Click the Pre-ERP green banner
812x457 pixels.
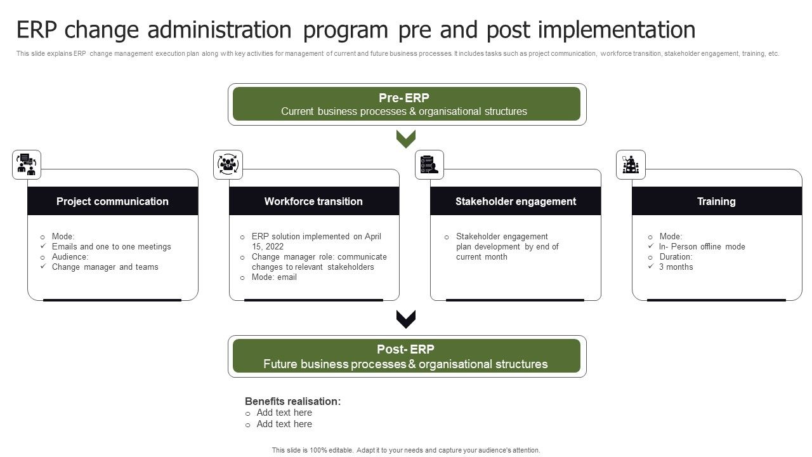(407, 104)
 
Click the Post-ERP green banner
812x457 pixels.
(407, 356)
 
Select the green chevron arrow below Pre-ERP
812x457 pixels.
(406, 138)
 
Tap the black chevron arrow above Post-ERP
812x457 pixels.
(406, 319)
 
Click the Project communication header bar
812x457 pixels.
(112, 201)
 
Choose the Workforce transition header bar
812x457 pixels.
(313, 201)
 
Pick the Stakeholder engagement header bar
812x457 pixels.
(515, 201)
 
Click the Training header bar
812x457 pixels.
(716, 201)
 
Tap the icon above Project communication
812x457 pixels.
(27, 164)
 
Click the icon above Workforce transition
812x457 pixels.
(228, 164)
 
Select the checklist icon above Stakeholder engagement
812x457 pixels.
(429, 164)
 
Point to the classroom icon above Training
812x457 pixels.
(631, 164)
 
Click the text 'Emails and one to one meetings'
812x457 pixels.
(111, 246)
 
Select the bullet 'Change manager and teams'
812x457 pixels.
(105, 267)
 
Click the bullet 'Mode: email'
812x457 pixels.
(274, 277)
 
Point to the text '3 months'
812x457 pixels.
(676, 267)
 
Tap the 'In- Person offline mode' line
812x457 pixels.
(702, 246)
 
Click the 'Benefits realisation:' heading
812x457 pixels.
(292, 401)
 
